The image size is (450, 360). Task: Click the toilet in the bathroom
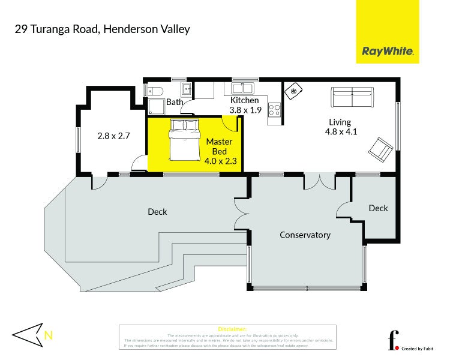[156, 91]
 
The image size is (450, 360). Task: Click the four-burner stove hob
[274, 110]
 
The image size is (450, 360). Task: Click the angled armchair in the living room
[382, 148]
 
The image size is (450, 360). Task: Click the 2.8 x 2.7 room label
[114, 136]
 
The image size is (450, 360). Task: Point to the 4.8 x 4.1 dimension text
[341, 132]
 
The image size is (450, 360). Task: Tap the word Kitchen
[244, 100]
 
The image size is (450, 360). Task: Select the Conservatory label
[305, 235]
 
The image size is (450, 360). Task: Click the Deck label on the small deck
[378, 208]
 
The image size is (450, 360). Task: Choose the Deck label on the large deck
[157, 212]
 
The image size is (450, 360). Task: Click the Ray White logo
[388, 52]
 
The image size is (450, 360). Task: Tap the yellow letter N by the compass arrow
[49, 336]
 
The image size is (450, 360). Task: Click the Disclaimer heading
[227, 329]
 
